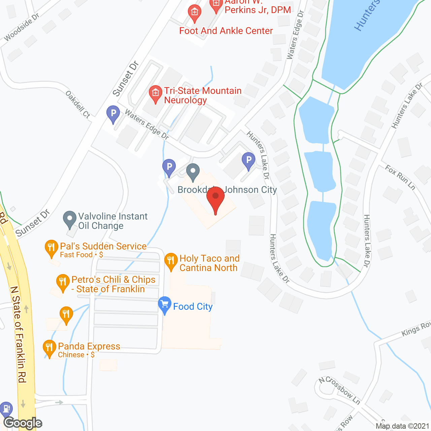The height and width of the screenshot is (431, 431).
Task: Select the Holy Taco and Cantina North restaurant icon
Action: [x=171, y=261]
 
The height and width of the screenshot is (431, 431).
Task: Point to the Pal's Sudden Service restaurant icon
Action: [x=51, y=248]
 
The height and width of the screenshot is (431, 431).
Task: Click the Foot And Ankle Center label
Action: [x=226, y=31]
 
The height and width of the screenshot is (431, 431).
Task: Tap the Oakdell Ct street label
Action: [x=78, y=104]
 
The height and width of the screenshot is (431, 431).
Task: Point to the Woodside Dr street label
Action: [x=22, y=27]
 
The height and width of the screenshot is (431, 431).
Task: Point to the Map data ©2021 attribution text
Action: [x=402, y=426]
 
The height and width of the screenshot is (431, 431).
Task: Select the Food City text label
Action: [x=193, y=307]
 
